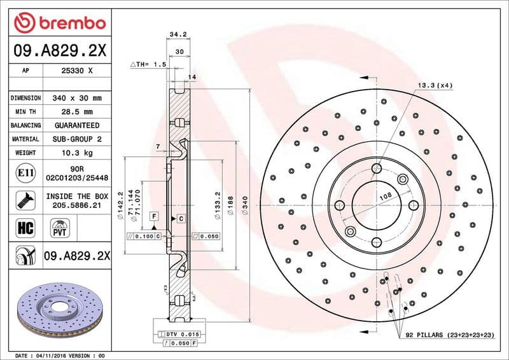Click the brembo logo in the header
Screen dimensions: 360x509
tap(59, 24)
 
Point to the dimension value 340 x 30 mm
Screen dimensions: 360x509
tap(77, 99)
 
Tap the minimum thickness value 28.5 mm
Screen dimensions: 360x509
tap(77, 112)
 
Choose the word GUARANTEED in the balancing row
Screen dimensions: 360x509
tap(77, 125)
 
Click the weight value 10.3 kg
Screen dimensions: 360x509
tap(77, 153)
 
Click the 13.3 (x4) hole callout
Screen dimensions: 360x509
tap(435, 85)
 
